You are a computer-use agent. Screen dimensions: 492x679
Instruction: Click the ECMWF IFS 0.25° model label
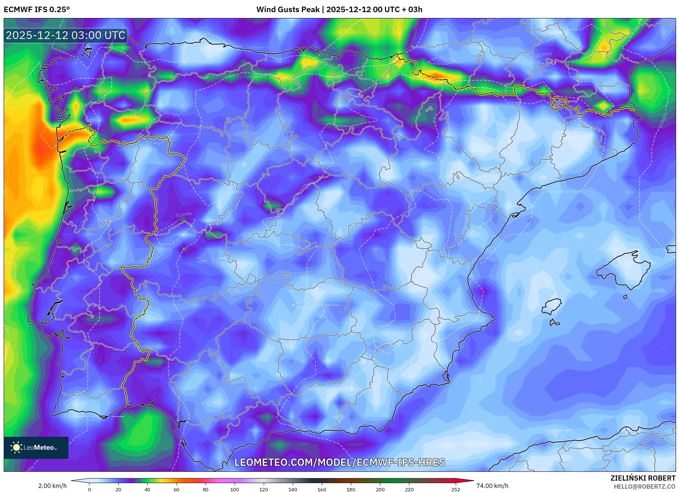[37, 10]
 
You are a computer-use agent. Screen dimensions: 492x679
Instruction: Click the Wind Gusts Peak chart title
[339, 10]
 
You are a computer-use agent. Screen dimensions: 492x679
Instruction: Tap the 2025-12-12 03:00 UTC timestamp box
[65, 36]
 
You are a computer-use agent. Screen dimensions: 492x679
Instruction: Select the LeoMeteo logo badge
[36, 447]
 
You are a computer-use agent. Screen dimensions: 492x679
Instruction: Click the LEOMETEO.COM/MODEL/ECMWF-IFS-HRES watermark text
[339, 462]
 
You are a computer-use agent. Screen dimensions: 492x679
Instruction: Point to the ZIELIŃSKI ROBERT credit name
[643, 478]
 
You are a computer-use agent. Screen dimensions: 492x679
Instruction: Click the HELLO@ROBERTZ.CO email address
[644, 486]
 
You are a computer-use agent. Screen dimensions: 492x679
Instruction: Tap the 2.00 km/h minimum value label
[53, 486]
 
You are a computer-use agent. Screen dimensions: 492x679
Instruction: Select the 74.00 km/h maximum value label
[492, 486]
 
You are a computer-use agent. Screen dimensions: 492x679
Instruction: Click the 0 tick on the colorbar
[89, 489]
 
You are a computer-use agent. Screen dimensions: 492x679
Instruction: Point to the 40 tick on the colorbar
[147, 489]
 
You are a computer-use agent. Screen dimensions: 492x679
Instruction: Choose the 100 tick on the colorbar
[234, 489]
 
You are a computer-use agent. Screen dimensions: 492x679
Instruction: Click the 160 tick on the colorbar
[322, 489]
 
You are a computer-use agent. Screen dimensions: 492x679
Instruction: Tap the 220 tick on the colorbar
[409, 489]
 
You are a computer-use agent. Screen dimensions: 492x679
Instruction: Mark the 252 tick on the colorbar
[456, 489]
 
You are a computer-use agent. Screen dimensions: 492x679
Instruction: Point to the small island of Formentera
[554, 323]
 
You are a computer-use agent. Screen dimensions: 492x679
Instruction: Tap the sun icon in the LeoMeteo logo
[16, 447]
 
